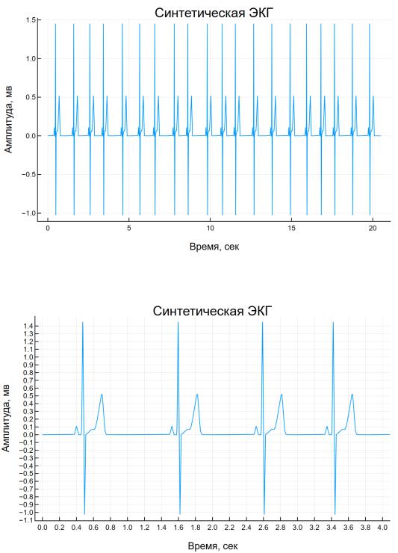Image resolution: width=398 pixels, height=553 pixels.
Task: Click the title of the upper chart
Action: pyautogui.click(x=214, y=13)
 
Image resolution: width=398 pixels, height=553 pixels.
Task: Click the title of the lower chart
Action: pyautogui.click(x=212, y=311)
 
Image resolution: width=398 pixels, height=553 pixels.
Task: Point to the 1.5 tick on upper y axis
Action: pyautogui.click(x=31, y=20)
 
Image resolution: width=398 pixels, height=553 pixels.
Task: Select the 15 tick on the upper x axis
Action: pyautogui.click(x=291, y=228)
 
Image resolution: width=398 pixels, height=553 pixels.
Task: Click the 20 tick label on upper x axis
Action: pyautogui.click(x=373, y=228)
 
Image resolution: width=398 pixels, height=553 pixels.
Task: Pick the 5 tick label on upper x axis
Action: pyautogui.click(x=129, y=228)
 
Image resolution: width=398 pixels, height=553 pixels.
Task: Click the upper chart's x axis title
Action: pyautogui.click(x=214, y=246)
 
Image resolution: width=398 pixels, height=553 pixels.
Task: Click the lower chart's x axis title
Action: pyautogui.click(x=213, y=546)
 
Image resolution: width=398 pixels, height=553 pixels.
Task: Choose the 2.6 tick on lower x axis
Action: pyautogui.click(x=264, y=528)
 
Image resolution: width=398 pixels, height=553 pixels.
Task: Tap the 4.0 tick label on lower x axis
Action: pyautogui.click(x=383, y=528)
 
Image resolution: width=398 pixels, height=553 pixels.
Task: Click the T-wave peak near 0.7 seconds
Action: pyautogui.click(x=102, y=395)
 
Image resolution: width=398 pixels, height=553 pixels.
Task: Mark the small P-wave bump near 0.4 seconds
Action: pyautogui.click(x=76, y=427)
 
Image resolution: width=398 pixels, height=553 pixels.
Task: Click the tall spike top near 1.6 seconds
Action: pyautogui.click(x=178, y=322)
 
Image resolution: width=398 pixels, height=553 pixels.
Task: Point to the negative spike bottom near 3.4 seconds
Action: pyautogui.click(x=335, y=514)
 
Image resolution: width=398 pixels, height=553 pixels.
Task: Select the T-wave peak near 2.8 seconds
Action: pyautogui.click(x=282, y=395)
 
